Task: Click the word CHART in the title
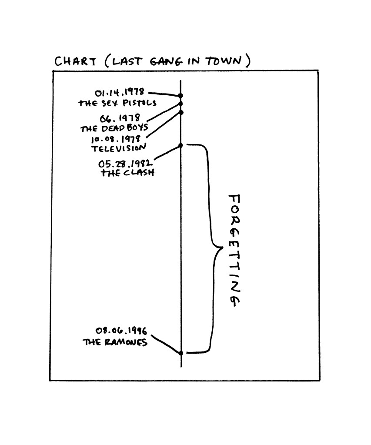pyautogui.click(x=75, y=61)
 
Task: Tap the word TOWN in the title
pyautogui.click(x=224, y=61)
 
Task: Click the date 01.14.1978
pyautogui.click(x=120, y=93)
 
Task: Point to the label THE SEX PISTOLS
pyautogui.click(x=117, y=104)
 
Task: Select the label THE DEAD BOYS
pyautogui.click(x=114, y=129)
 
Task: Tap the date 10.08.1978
pyautogui.click(x=115, y=140)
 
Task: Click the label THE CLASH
pyautogui.click(x=127, y=173)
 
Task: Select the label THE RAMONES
pyautogui.click(x=115, y=342)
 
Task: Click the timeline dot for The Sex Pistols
pyautogui.click(x=181, y=96)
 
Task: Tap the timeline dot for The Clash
pyautogui.click(x=181, y=146)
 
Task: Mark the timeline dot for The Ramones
pyautogui.click(x=181, y=353)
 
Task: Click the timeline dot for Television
pyautogui.click(x=181, y=112)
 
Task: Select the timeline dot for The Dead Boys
pyautogui.click(x=181, y=104)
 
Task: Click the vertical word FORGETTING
pyautogui.click(x=234, y=251)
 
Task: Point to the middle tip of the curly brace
pyautogui.click(x=222, y=248)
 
